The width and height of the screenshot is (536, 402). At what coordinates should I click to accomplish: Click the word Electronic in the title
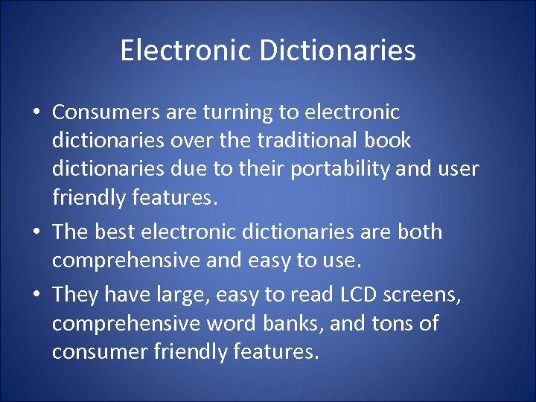coord(173,51)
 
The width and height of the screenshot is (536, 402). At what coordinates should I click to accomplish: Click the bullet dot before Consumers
coord(36,113)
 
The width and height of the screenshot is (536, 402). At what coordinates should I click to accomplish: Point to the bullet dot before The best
coord(36,233)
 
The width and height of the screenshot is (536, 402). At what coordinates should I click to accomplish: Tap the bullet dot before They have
coord(36,296)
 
